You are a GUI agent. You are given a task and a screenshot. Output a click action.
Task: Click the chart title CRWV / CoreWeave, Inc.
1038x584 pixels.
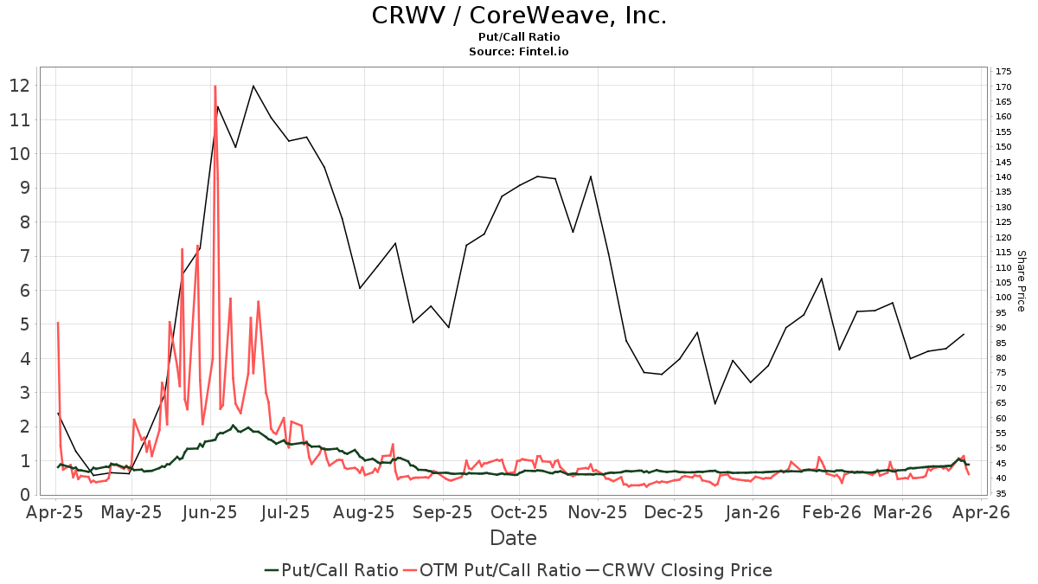pos(519,16)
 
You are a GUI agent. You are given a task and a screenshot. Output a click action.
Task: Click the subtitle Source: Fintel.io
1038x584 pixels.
pos(519,52)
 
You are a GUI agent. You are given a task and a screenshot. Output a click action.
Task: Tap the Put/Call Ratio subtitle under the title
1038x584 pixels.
pos(519,37)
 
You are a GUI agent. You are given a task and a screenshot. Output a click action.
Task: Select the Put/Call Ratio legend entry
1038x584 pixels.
pos(332,570)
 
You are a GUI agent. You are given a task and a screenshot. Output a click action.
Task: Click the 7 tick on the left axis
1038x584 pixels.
pos(25,256)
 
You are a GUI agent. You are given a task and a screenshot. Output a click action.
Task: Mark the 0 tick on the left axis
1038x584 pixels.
pos(25,495)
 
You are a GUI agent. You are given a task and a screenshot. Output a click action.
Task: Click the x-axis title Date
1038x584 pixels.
pos(513,538)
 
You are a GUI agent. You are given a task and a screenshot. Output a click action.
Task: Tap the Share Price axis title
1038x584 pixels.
pos(1021,281)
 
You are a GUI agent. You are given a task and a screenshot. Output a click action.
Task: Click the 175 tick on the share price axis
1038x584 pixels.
pos(1003,71)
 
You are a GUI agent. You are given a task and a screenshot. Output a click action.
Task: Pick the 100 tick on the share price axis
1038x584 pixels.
pos(1003,297)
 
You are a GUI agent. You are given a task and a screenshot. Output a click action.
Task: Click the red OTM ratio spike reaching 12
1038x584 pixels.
pos(215,87)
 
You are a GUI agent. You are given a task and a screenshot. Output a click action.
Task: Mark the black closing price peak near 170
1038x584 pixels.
pos(253,86)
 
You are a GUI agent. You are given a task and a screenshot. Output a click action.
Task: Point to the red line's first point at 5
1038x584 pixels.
pos(58,324)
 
